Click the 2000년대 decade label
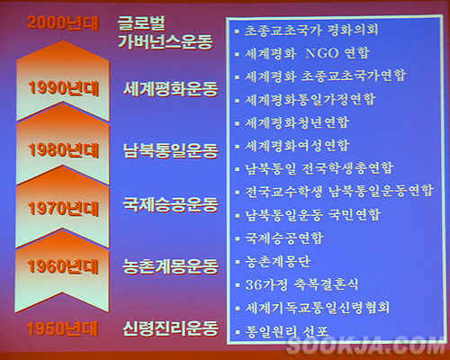point(63,22)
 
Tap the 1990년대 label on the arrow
point(63,88)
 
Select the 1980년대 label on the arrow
point(63,150)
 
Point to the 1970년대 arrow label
point(63,208)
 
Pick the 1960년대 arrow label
point(63,266)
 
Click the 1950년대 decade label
point(62,328)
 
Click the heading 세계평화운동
point(170,88)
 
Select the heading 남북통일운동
point(170,150)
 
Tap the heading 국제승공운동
point(170,205)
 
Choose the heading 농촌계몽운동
point(170,265)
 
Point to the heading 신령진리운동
point(170,328)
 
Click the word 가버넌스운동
point(166,41)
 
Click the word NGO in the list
point(322,53)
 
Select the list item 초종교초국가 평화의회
point(311,30)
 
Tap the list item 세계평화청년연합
point(297,122)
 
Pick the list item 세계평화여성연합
point(297,146)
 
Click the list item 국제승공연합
point(284,238)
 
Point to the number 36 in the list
point(252,284)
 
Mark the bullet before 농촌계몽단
point(238,262)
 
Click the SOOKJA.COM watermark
point(365,346)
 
